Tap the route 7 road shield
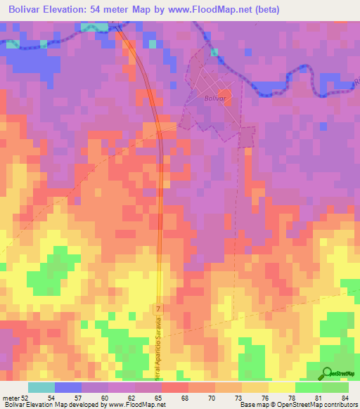pyautogui.click(x=158, y=309)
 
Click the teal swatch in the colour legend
pyautogui.click(x=41, y=388)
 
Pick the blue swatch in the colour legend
pyautogui.click(x=67, y=388)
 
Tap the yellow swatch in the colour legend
pyautogui.click(x=281, y=388)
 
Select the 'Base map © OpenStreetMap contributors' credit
pyautogui.click(x=298, y=405)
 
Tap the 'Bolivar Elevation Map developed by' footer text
pyautogui.click(x=53, y=405)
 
